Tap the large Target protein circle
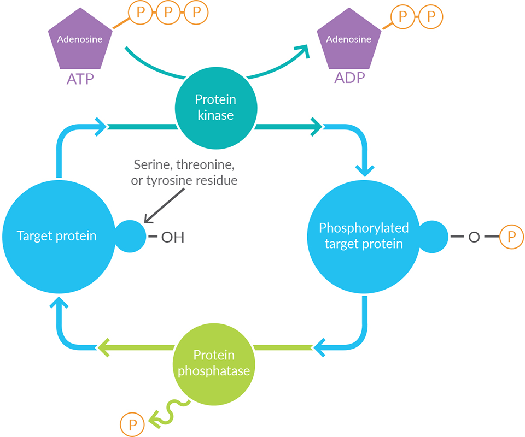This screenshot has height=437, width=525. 56,236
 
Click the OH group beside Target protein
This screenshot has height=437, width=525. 172,238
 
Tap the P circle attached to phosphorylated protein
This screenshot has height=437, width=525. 511,237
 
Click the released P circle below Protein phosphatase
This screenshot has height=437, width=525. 131,423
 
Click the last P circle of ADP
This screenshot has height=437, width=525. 431,16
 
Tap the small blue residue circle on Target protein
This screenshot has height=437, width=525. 130,237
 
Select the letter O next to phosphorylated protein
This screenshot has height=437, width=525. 474,238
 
